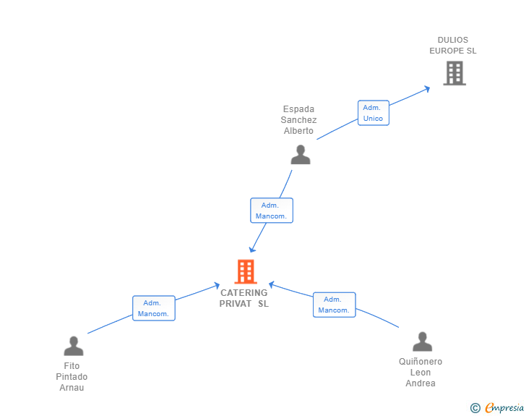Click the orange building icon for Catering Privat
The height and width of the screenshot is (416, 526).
click(246, 271)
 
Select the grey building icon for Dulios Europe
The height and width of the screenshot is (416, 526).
click(454, 73)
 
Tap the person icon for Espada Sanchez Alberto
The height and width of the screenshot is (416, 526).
click(301, 155)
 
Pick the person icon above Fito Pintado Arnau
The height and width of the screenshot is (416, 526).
click(74, 346)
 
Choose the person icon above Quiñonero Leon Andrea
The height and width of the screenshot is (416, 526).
click(423, 341)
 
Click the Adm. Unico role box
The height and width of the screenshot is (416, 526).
click(374, 113)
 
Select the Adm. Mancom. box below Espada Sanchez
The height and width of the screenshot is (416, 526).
click(272, 211)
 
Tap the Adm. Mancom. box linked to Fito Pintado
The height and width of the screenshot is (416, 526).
click(154, 308)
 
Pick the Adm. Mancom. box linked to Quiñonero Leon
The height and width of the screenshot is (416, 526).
click(334, 305)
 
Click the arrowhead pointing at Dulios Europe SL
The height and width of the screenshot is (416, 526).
click(427, 89)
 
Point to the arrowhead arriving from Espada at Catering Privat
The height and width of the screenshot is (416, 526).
click(252, 250)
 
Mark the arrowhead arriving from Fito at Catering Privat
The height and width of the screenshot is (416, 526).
click(216, 286)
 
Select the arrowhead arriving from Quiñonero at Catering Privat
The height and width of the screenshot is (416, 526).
click(272, 284)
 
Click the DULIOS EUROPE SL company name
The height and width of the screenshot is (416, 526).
click(453, 46)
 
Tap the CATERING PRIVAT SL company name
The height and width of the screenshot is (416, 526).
click(244, 298)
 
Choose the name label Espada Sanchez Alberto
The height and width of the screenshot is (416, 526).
click(298, 120)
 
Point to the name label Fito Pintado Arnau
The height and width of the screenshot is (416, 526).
click(72, 377)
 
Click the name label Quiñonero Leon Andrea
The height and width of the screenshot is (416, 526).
click(421, 373)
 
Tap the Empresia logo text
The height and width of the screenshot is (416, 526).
click(504, 408)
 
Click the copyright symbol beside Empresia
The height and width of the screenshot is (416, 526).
click(475, 408)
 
